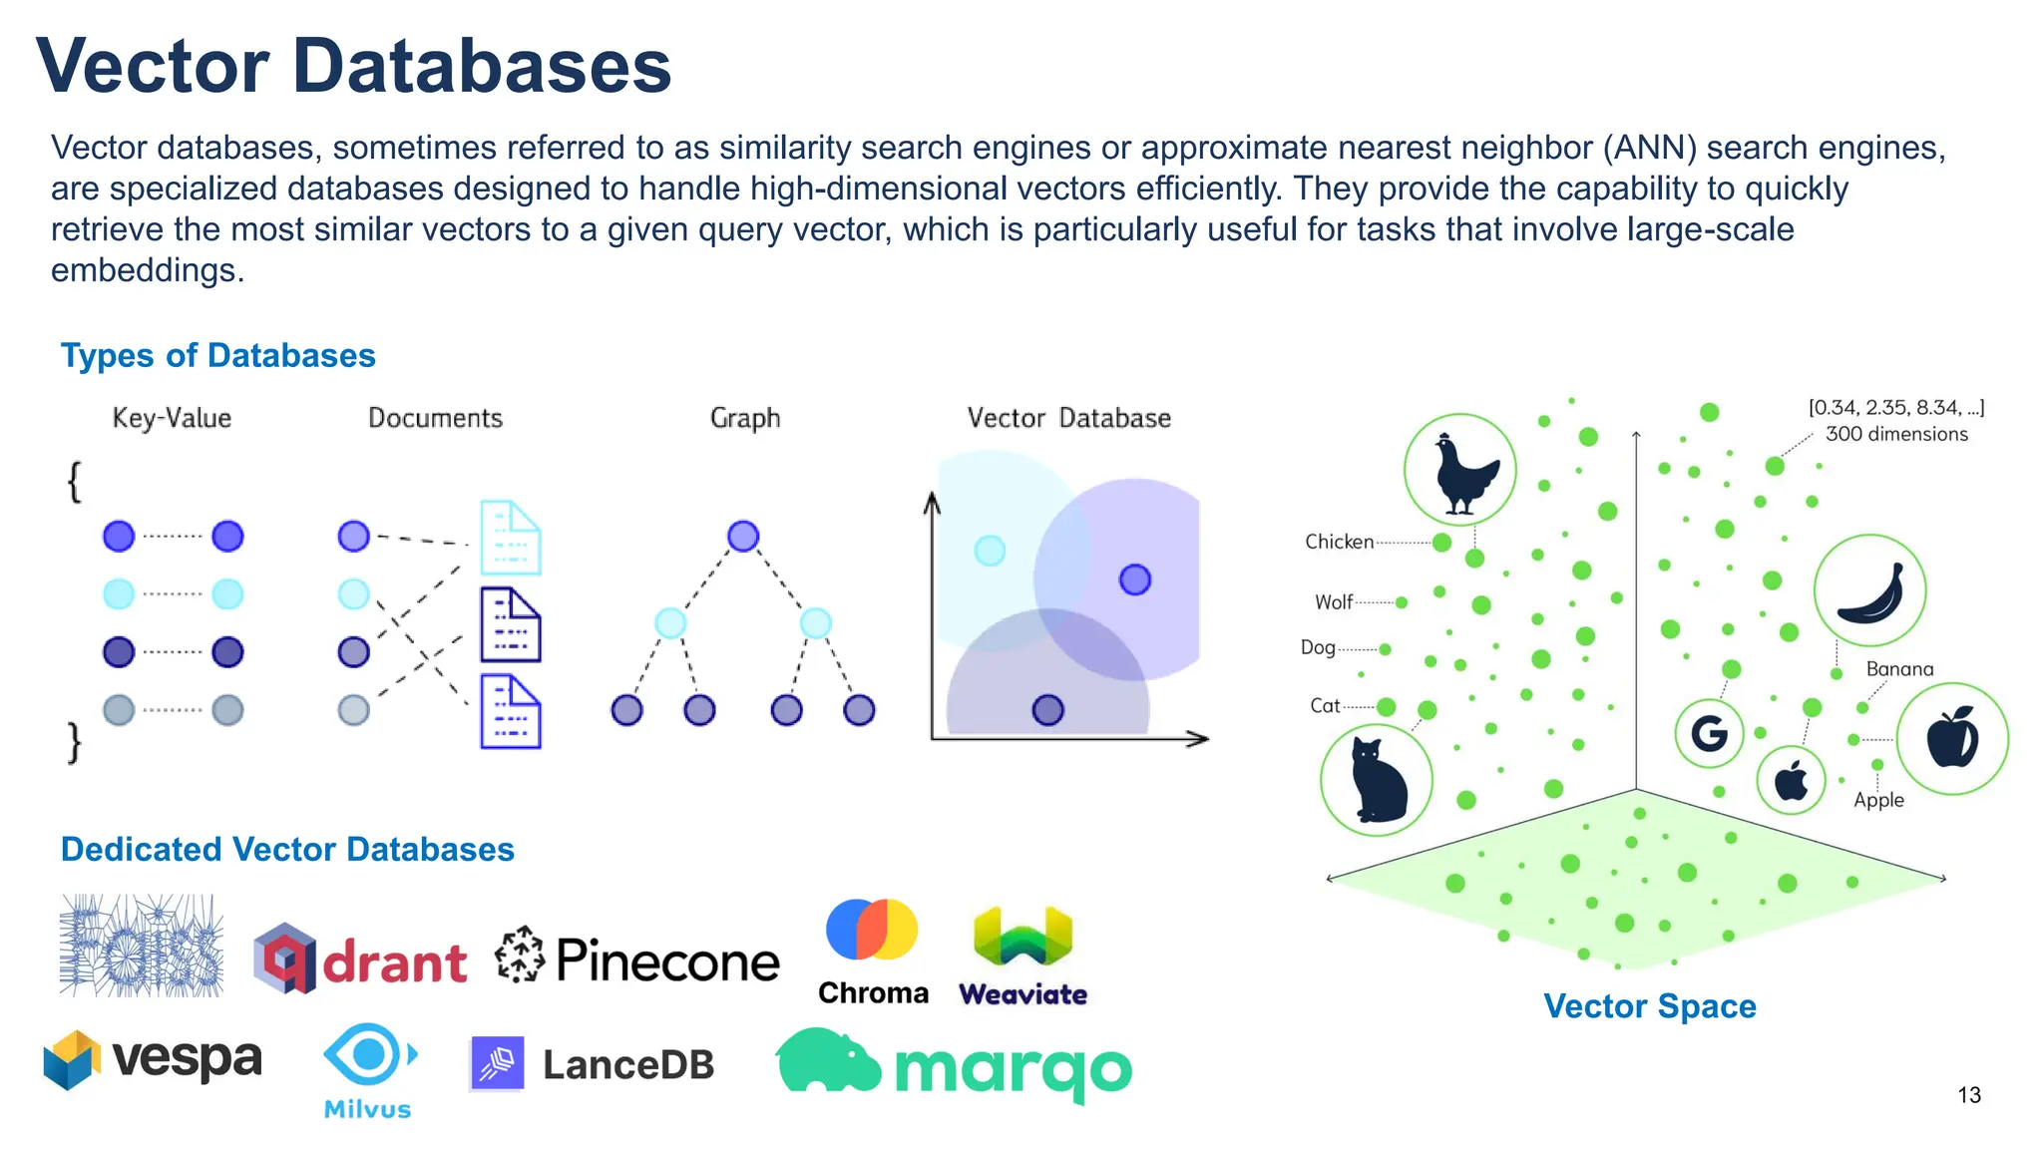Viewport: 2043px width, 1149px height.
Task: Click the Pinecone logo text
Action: click(x=667, y=959)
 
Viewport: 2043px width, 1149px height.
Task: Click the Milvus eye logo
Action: click(x=368, y=1054)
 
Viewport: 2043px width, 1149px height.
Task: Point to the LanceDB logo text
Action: click(x=628, y=1065)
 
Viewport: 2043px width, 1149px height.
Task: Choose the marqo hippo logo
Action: click(x=828, y=1061)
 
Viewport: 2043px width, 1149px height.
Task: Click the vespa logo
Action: click(x=153, y=1059)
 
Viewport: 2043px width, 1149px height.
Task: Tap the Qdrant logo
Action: click(x=360, y=959)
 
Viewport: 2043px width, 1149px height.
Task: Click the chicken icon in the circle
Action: click(x=1459, y=471)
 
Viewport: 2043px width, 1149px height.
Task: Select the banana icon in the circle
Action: click(x=1869, y=591)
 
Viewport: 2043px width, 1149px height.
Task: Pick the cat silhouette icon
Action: click(x=1377, y=780)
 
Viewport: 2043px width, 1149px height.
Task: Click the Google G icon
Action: click(x=1709, y=734)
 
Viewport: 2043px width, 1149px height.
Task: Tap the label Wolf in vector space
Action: click(x=1333, y=602)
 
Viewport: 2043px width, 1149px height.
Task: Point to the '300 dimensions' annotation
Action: click(x=1896, y=434)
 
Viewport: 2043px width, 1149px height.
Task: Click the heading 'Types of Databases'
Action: click(x=217, y=356)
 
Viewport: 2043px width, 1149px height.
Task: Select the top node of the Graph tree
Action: click(x=743, y=536)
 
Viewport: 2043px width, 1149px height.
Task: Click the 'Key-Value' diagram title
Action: click(x=172, y=418)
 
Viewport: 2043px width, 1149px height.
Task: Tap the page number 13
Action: click(x=1969, y=1095)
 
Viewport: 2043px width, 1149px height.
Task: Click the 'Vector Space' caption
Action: click(x=1650, y=1006)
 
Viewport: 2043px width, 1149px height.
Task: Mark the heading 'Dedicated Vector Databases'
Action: click(x=287, y=850)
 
